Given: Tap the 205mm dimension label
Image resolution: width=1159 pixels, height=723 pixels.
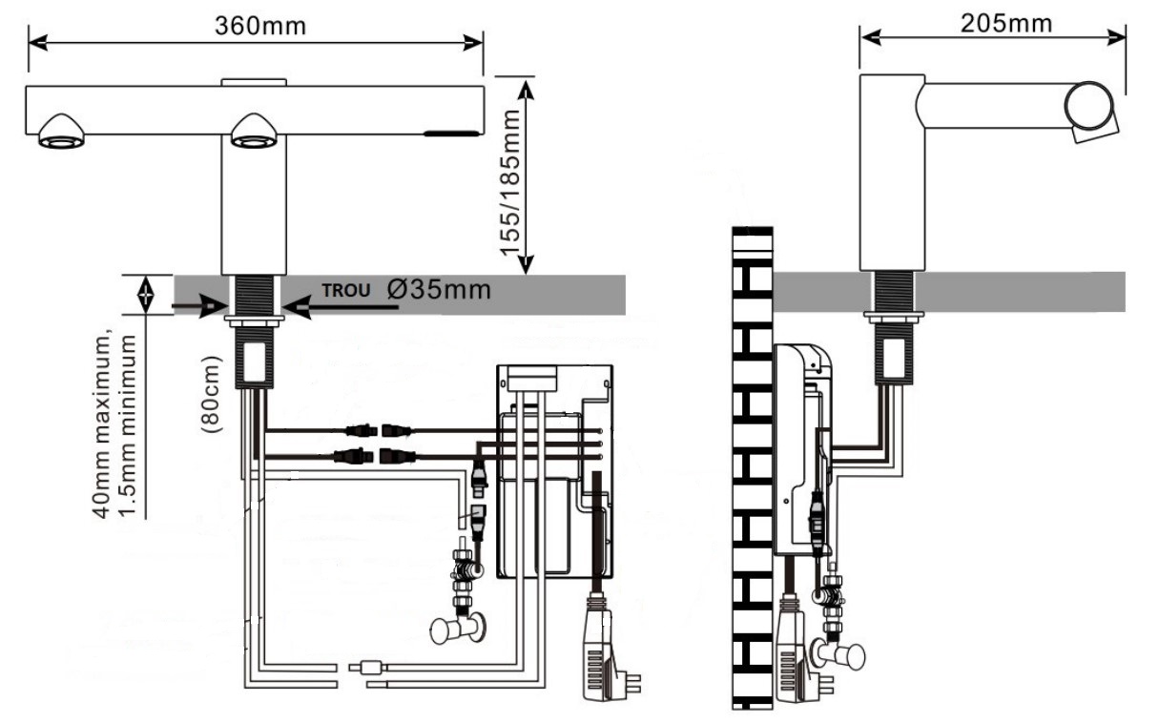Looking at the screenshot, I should tap(1006, 23).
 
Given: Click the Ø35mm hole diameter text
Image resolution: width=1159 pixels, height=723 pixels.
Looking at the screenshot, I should tap(440, 289).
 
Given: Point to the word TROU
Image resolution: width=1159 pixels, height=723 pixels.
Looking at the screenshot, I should tap(344, 290).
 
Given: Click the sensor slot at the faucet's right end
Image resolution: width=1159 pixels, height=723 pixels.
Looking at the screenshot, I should tap(451, 134).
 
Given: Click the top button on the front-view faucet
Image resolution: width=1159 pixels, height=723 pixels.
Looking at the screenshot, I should tap(254, 82).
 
